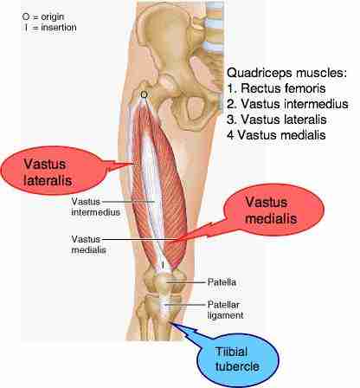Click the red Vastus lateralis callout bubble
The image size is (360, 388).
pyautogui.click(x=54, y=171)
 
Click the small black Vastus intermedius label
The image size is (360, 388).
pyautogui.click(x=95, y=207)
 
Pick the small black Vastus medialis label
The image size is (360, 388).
pyautogui.click(x=88, y=244)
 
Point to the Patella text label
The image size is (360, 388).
pyautogui.click(x=222, y=282)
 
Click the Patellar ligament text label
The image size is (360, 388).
pyautogui.click(x=225, y=310)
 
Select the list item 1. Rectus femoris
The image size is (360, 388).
pyautogui.click(x=276, y=88)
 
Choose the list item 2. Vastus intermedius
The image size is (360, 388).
pyautogui.click(x=287, y=104)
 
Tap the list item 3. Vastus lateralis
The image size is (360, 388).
pyautogui.click(x=277, y=120)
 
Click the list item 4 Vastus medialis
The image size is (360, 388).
pyautogui.click(x=276, y=135)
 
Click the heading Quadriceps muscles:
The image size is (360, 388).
pyautogui.click(x=286, y=73)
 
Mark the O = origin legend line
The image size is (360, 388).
pyautogui.click(x=43, y=16)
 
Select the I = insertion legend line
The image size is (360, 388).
pyautogui.click(x=50, y=28)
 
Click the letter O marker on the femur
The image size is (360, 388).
pyautogui.click(x=144, y=94)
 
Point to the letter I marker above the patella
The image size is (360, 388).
pyautogui.click(x=163, y=264)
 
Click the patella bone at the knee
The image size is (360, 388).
pyautogui.click(x=162, y=281)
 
